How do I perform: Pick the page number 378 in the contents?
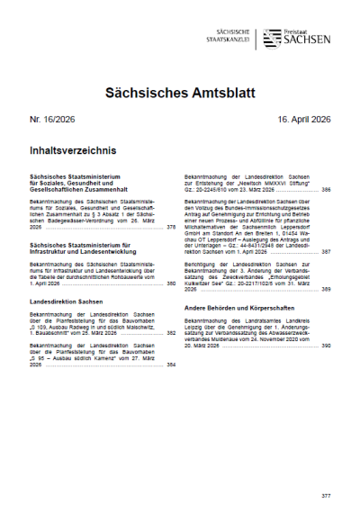coord(172,228)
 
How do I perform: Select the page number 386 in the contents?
coord(326,190)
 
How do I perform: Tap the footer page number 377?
coord(326,496)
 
